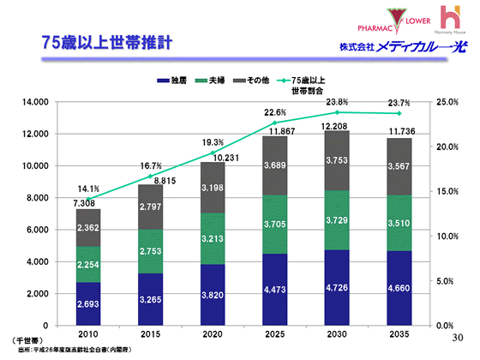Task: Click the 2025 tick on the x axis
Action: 274,335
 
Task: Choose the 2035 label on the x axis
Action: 397,335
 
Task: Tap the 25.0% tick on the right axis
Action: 447,102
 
